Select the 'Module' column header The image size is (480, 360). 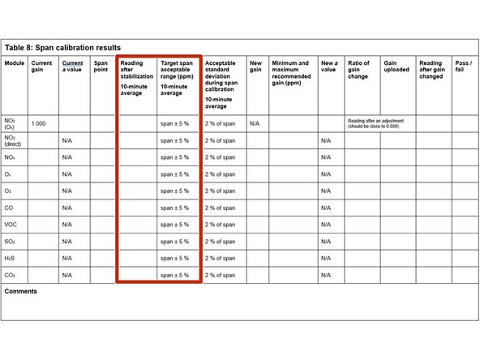(x=15, y=63)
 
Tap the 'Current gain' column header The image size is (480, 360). (x=41, y=66)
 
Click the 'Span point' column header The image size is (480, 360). (x=101, y=66)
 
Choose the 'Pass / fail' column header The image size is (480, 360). (x=463, y=66)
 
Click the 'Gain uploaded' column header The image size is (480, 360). (x=396, y=66)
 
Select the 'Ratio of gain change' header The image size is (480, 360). (x=358, y=70)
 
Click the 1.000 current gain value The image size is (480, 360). (x=38, y=123)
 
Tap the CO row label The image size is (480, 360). (x=11, y=208)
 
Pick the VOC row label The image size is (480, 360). (x=13, y=225)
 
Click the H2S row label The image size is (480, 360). (x=12, y=259)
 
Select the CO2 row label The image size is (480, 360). (x=12, y=276)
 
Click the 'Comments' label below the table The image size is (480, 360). (x=21, y=291)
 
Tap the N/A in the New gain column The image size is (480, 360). (x=254, y=123)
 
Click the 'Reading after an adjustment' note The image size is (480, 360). (x=375, y=123)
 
